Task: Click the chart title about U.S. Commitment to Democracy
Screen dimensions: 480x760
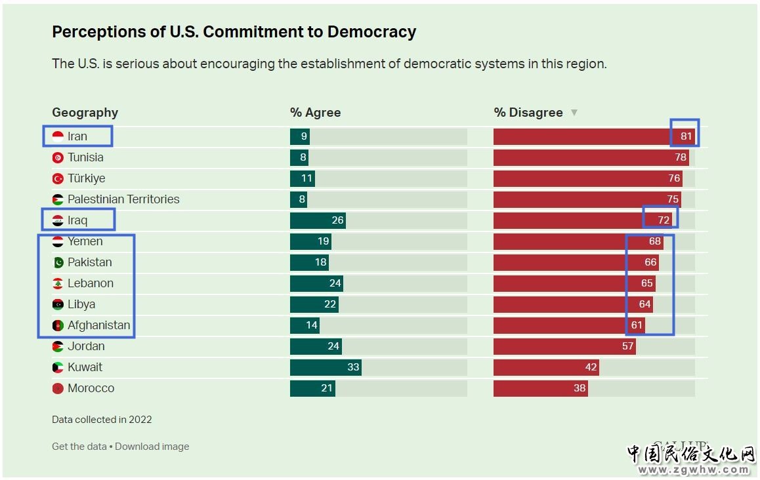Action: click(234, 31)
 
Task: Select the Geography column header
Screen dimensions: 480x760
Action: click(85, 113)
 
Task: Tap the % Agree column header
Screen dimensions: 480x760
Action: click(315, 113)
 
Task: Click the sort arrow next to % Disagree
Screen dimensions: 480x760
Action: click(574, 113)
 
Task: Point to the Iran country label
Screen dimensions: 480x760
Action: click(77, 136)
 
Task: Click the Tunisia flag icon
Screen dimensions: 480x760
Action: click(58, 157)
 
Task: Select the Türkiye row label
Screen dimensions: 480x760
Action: click(86, 178)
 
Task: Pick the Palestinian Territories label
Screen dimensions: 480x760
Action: click(123, 199)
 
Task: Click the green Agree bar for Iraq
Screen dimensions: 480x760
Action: click(318, 220)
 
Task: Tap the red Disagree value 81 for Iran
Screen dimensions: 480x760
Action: click(686, 136)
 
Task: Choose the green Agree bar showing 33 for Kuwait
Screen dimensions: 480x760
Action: click(326, 367)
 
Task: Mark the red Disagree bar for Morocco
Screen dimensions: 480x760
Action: click(540, 388)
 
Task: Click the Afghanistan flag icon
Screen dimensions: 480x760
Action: click(58, 325)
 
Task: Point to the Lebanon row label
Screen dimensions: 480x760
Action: click(91, 283)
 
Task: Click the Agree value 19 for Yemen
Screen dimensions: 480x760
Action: click(323, 241)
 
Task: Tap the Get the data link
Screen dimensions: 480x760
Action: click(79, 447)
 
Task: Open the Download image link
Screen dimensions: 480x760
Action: click(152, 447)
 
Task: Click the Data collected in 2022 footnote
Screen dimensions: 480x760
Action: click(102, 420)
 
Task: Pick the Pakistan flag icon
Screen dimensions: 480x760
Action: click(58, 262)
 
